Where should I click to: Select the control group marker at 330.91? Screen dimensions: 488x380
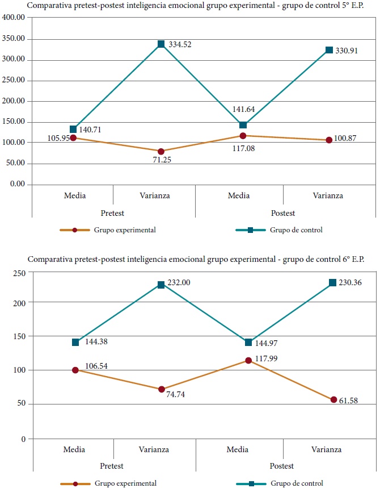pyautogui.click(x=330, y=50)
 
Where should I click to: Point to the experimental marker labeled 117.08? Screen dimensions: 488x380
pyautogui.click(x=243, y=136)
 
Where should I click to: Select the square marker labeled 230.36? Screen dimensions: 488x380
pyautogui.click(x=333, y=283)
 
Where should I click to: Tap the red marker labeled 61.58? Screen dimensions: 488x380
pyautogui.click(x=333, y=400)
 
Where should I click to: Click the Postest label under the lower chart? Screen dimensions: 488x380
pyautogui.click(x=281, y=466)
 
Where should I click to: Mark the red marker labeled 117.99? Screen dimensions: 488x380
pyautogui.click(x=248, y=361)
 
